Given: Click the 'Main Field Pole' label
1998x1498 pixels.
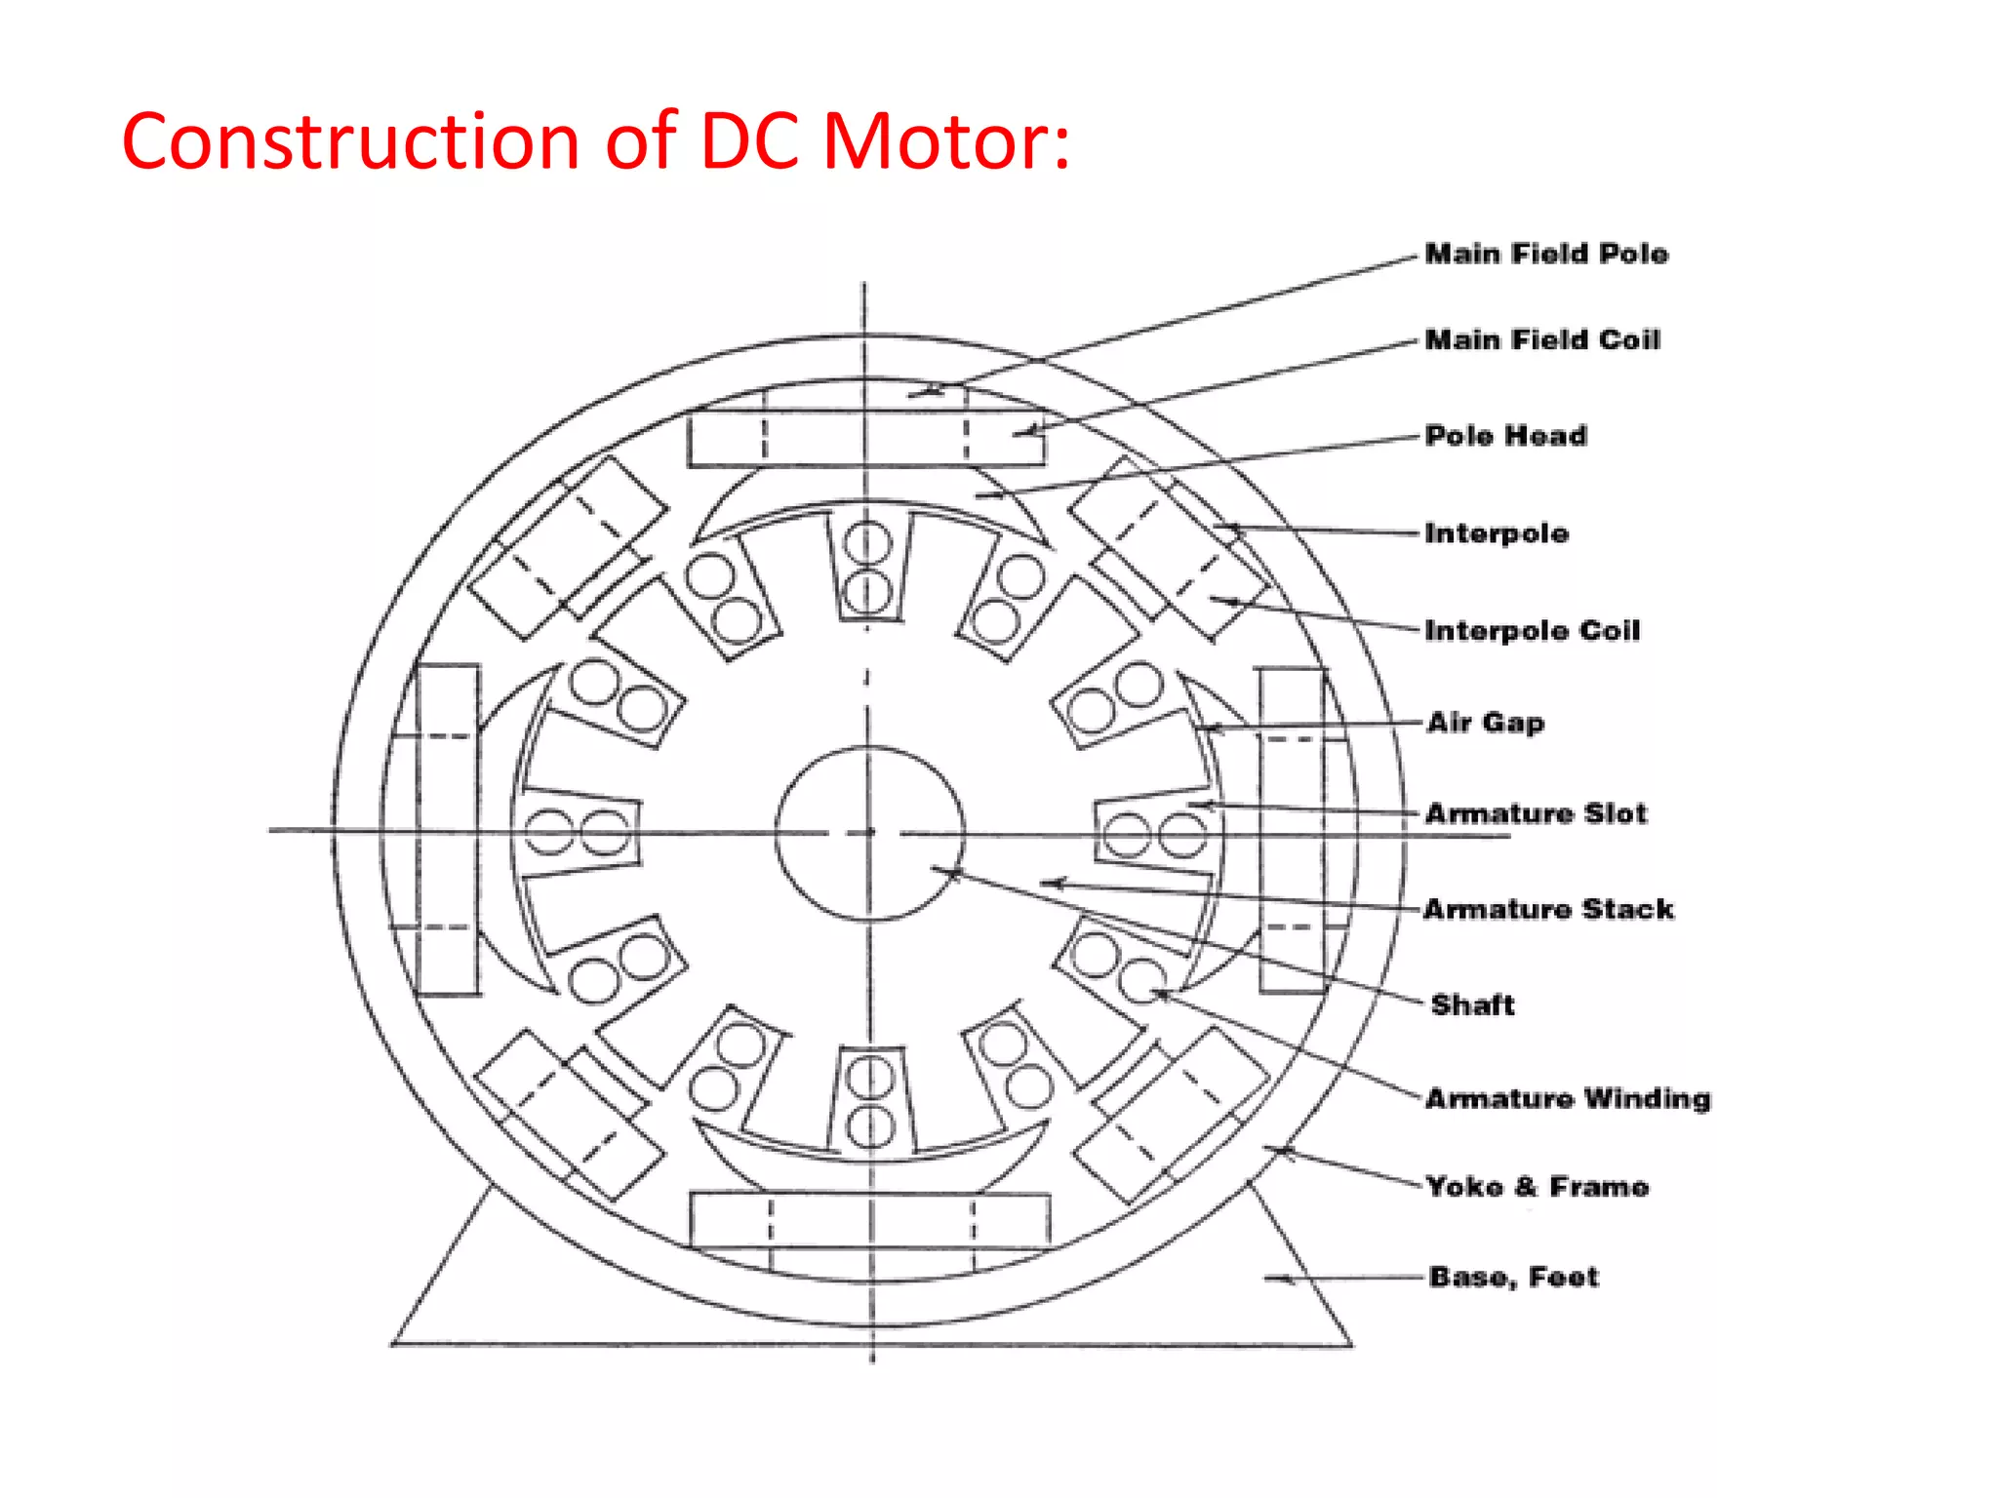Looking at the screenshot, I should [x=1546, y=254].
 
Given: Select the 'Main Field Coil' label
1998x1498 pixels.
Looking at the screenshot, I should [x=1542, y=339].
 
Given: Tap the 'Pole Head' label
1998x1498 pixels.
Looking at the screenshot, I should [x=1505, y=435].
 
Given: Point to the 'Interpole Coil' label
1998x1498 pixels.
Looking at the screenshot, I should [x=1532, y=630].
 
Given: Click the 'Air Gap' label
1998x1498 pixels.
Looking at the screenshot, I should [x=1485, y=723].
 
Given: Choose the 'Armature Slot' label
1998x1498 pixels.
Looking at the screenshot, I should [x=1536, y=813].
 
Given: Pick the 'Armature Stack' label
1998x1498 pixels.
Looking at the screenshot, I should [x=1548, y=909].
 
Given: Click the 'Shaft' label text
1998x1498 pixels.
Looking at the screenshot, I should [x=1472, y=1005].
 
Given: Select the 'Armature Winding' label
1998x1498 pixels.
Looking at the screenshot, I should [x=1568, y=1098].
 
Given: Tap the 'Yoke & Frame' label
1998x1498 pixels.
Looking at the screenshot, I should [x=1538, y=1187].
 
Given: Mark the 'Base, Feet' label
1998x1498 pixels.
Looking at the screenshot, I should [x=1513, y=1277].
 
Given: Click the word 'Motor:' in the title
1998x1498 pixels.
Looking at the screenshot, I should [x=945, y=142].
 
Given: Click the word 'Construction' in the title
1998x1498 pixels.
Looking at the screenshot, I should [x=351, y=142].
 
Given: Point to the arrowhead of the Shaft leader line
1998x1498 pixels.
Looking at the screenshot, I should [x=951, y=873].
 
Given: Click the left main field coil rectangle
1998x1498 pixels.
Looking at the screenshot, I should [x=448, y=829].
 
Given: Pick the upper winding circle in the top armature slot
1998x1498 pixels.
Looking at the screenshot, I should [x=867, y=543].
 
